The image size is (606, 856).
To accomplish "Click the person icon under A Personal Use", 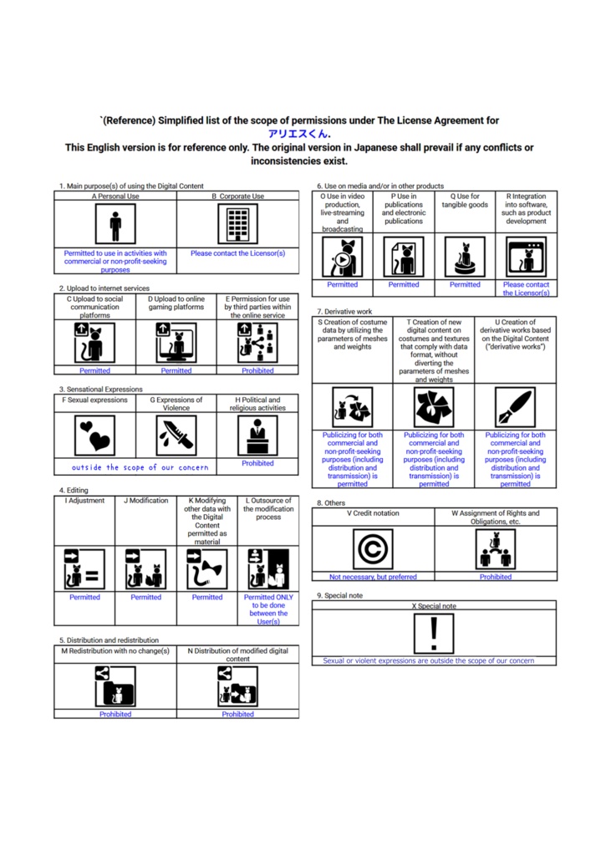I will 115,224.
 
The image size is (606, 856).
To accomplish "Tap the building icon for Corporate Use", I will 237,224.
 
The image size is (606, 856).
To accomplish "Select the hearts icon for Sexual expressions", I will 94,436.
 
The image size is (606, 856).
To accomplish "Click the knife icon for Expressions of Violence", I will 176,436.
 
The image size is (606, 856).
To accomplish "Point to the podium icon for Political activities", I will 257,435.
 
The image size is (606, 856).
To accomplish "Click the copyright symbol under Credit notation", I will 373,549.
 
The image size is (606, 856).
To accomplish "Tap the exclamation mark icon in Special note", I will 434,633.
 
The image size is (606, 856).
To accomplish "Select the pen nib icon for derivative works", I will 515,407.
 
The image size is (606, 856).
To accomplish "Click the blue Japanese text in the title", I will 299,134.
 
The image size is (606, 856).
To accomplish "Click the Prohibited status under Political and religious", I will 257,463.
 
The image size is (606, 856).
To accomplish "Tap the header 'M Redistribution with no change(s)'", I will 115,650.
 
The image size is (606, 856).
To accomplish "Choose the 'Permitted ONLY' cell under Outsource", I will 267,609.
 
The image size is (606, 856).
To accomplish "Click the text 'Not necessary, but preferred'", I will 373,576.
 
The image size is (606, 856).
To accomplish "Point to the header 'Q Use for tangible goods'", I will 465,201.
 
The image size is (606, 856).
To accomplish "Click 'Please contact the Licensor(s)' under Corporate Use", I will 237,253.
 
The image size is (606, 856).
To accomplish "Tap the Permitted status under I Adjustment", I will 84,597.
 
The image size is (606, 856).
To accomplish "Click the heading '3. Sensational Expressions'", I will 101,390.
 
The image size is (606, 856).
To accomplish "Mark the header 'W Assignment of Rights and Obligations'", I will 496,517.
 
